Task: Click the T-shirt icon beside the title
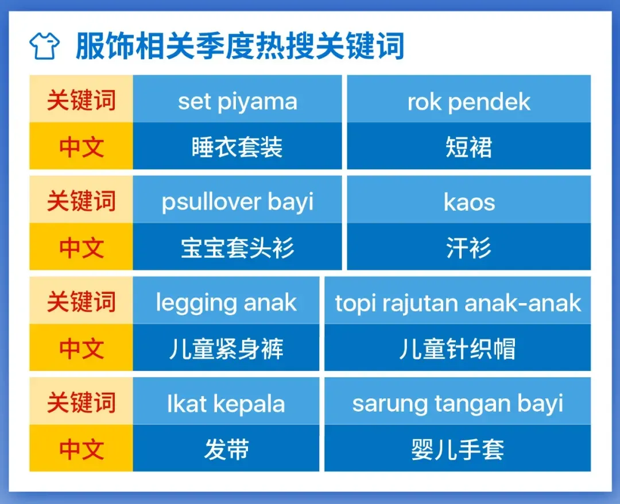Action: [44, 46]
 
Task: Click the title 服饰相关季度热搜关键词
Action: [240, 46]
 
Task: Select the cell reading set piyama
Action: [237, 99]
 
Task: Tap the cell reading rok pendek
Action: [469, 99]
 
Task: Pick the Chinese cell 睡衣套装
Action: [237, 146]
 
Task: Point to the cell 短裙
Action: [469, 146]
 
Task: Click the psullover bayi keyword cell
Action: [237, 200]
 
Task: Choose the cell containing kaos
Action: [469, 200]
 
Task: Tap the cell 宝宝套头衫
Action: [237, 247]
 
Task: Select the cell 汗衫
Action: [469, 247]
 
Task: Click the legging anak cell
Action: [226, 300]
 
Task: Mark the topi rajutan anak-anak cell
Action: [458, 300]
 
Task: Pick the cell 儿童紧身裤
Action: [226, 347]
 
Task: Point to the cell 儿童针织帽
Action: [458, 347]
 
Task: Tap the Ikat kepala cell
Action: [226, 401]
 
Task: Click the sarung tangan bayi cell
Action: [458, 401]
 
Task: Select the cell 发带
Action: [226, 448]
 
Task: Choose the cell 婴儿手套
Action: [458, 448]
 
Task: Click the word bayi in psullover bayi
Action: [290, 203]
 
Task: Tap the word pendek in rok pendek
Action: [489, 102]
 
